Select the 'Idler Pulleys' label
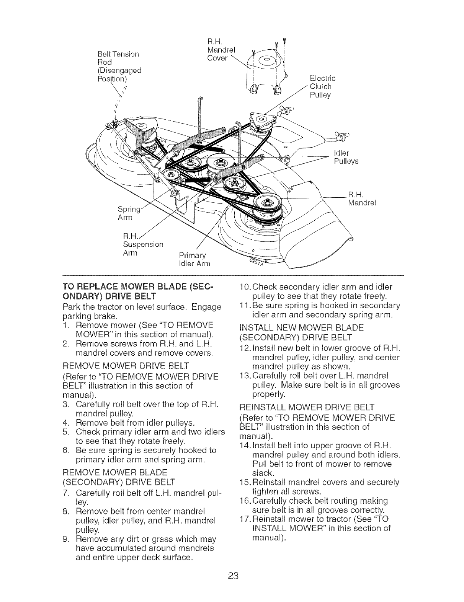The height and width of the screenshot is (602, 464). (x=344, y=157)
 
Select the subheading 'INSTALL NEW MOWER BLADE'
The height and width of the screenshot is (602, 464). (x=301, y=328)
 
